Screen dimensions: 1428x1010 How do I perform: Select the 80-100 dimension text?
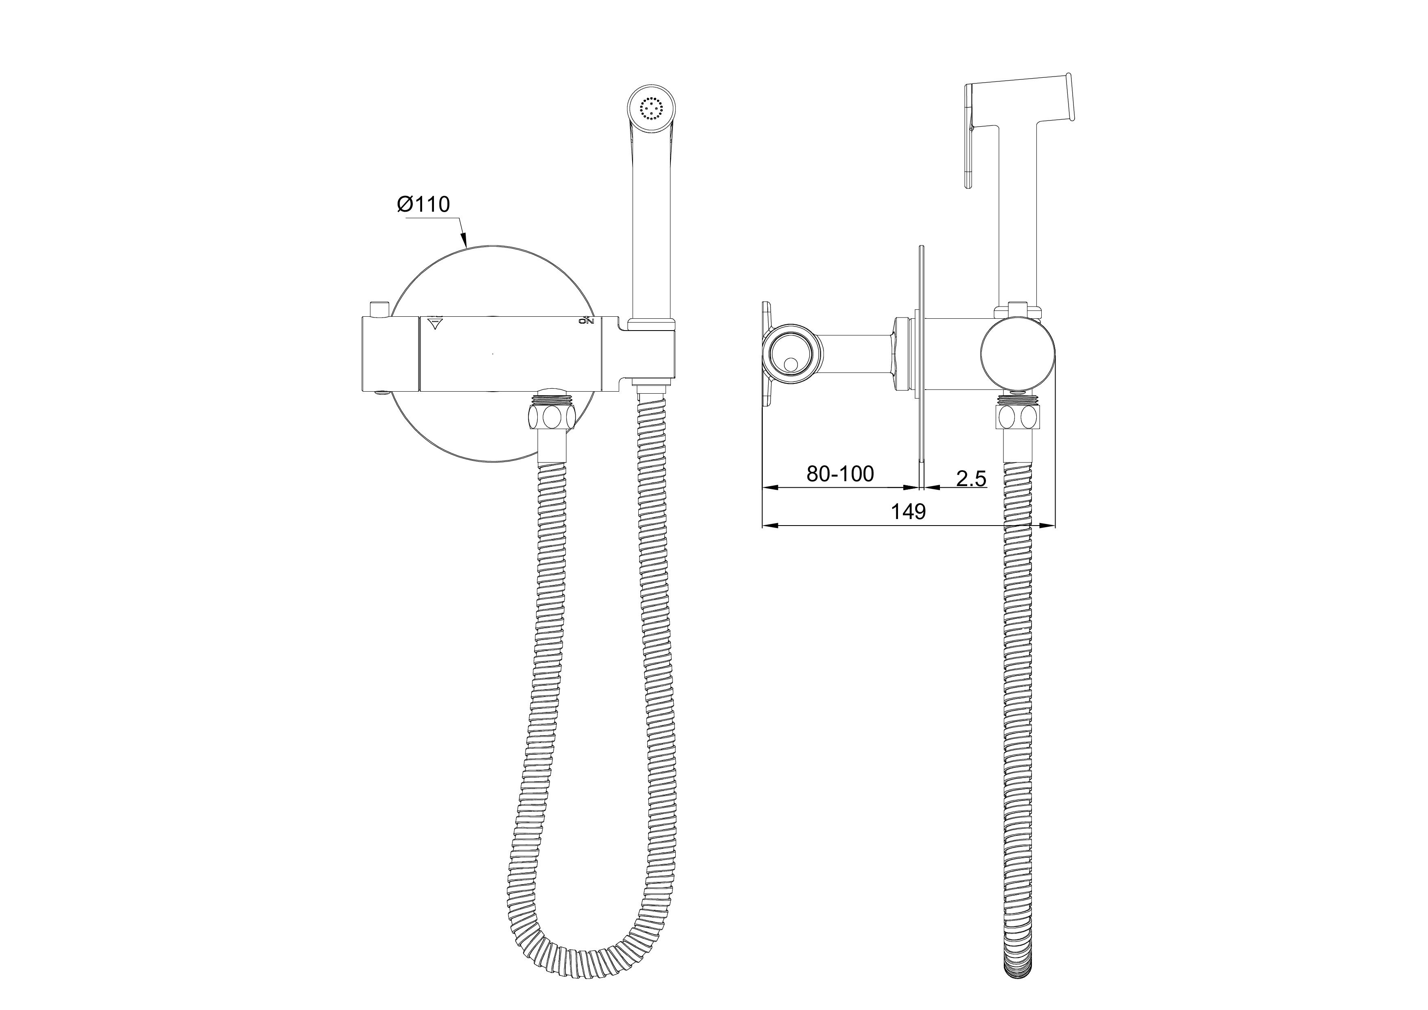point(840,474)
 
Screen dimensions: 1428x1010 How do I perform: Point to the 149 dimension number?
point(909,511)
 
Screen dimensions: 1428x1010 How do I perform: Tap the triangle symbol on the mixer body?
point(434,323)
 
